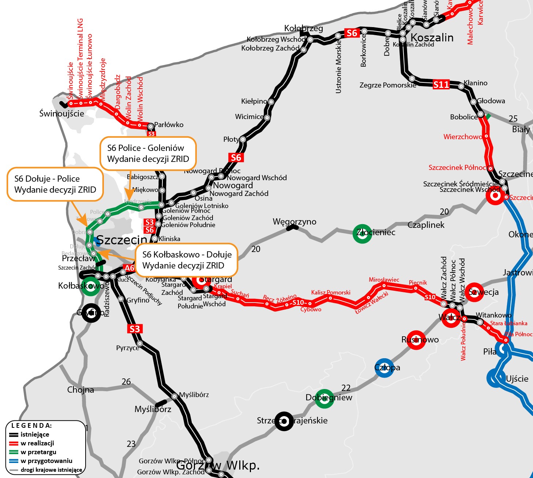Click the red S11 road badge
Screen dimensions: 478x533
[x=441, y=85]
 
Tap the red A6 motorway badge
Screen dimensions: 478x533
[x=130, y=268]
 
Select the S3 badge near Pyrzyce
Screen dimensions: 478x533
[x=135, y=329]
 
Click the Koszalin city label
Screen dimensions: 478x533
[x=432, y=38]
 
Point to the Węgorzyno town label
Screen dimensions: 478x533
[x=294, y=222]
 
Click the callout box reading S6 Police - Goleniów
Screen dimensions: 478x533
[x=148, y=153]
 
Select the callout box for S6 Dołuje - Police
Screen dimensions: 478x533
[x=55, y=184]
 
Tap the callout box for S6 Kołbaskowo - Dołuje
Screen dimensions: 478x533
[x=187, y=260]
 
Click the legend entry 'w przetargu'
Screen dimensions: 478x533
[x=38, y=452]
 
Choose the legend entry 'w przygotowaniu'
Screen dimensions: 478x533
[x=46, y=461]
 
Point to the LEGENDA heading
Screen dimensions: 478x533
[x=32, y=426]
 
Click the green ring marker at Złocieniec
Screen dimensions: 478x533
[x=362, y=233]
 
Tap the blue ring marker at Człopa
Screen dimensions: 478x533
[x=384, y=367]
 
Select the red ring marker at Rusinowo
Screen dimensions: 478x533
[x=416, y=340]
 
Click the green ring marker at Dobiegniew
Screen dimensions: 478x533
[x=324, y=399]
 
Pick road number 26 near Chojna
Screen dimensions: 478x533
[x=126, y=382]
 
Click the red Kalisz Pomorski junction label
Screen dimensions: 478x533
[x=331, y=292]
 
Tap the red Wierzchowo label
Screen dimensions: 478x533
[x=463, y=137]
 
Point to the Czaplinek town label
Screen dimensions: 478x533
[x=426, y=225]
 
